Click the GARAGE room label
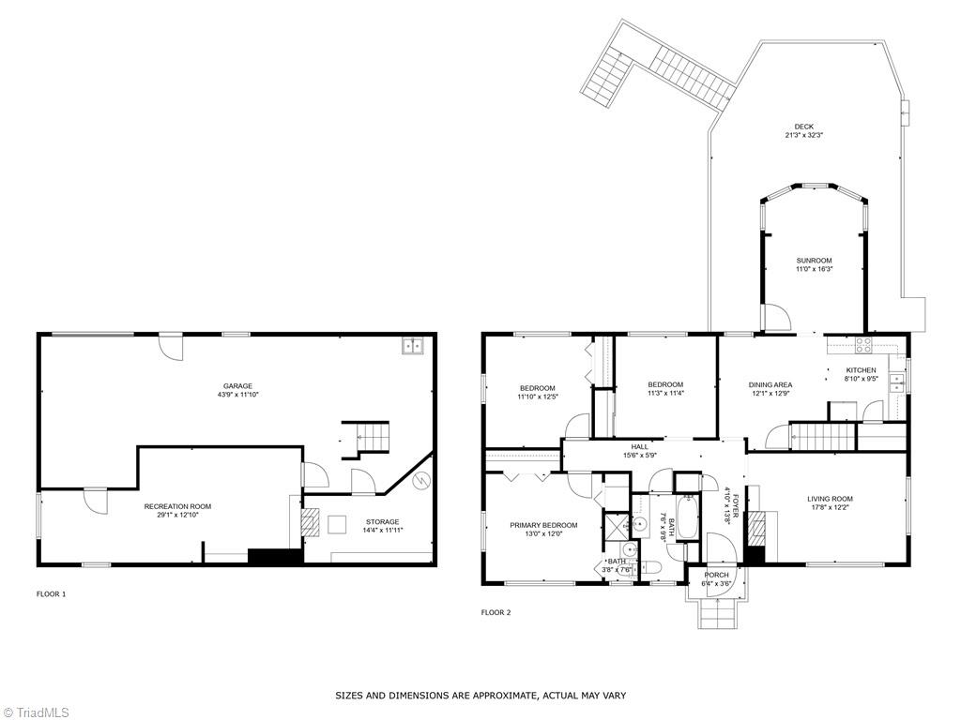click(x=237, y=386)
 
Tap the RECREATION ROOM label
click(x=177, y=507)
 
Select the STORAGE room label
click(x=383, y=522)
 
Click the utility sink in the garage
click(x=412, y=346)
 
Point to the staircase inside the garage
click(x=365, y=439)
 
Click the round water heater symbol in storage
click(x=421, y=482)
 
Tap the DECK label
click(x=804, y=127)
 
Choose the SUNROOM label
click(x=814, y=261)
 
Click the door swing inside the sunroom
click(x=776, y=318)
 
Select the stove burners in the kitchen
click(x=863, y=345)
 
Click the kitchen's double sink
click(x=896, y=382)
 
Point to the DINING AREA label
click(x=770, y=385)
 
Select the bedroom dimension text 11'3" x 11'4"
click(x=665, y=393)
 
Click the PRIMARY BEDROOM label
click(x=543, y=525)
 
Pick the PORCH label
click(x=716, y=576)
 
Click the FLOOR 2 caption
click(x=496, y=613)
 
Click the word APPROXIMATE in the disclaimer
click(x=503, y=696)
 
